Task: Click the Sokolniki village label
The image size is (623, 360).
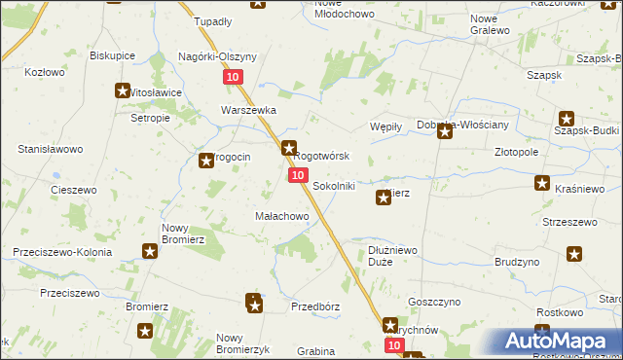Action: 333,185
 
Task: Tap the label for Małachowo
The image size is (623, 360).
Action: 281,215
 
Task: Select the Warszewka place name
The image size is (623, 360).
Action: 248,110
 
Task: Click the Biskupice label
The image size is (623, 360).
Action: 111,55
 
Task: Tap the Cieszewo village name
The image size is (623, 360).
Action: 73,189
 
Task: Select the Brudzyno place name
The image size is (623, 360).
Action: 517,263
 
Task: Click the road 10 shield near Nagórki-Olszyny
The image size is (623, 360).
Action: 232,77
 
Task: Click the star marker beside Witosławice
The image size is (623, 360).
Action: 123,91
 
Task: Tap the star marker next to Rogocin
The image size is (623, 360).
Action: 206,161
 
